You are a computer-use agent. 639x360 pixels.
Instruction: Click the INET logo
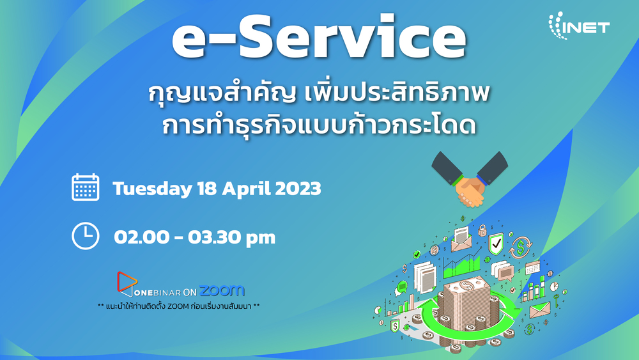click(x=579, y=26)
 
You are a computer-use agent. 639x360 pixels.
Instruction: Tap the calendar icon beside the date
click(x=86, y=187)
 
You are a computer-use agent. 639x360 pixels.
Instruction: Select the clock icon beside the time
click(x=86, y=236)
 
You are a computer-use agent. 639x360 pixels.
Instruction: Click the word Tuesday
click(x=153, y=189)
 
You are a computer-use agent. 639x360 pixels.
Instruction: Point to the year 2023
click(x=298, y=189)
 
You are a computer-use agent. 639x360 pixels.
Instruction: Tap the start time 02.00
click(x=141, y=237)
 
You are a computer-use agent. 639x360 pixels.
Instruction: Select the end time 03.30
click(x=214, y=237)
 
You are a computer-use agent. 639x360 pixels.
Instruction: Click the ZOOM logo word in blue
click(x=222, y=291)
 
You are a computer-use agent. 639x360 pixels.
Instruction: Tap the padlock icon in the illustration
click(x=482, y=230)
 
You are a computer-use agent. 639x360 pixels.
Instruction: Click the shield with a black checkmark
click(x=496, y=244)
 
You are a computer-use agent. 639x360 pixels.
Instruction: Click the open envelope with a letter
click(x=461, y=239)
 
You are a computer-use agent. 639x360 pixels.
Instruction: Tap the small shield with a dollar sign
click(x=394, y=325)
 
